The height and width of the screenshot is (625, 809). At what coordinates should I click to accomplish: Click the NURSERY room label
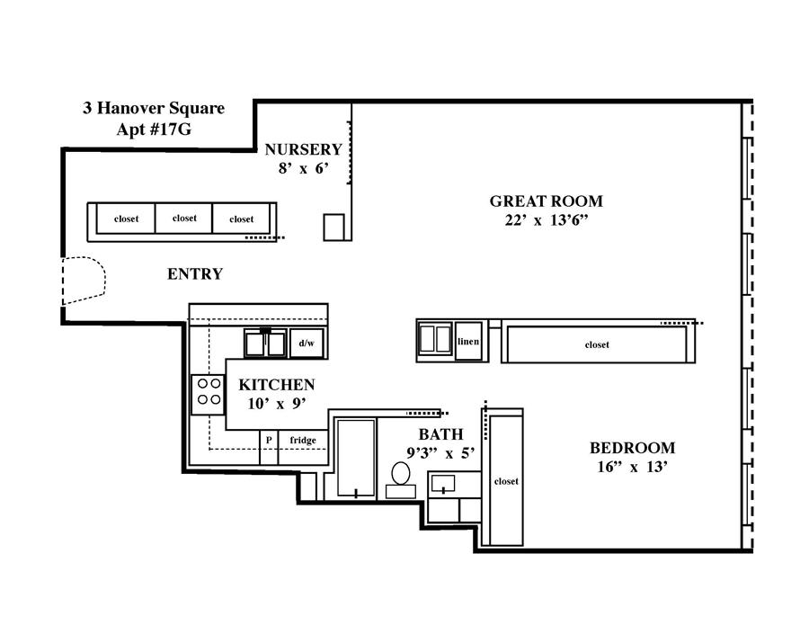pyautogui.click(x=304, y=149)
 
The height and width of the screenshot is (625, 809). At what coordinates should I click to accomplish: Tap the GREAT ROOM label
pyautogui.click(x=546, y=201)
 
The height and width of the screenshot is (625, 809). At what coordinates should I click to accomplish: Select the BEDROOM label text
pyautogui.click(x=632, y=448)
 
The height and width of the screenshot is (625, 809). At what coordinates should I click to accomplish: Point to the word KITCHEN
pyautogui.click(x=277, y=385)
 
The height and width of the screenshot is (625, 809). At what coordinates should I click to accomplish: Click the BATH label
pyautogui.click(x=440, y=434)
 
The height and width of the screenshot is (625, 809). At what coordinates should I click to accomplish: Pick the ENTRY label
pyautogui.click(x=195, y=273)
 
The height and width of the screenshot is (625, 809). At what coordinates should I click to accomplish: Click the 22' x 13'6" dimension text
pyautogui.click(x=547, y=220)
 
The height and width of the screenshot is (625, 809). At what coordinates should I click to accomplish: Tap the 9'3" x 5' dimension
pyautogui.click(x=440, y=453)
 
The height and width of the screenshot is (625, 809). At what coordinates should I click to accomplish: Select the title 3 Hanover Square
pyautogui.click(x=154, y=109)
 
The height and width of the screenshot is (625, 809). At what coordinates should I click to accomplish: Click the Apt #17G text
pyautogui.click(x=154, y=129)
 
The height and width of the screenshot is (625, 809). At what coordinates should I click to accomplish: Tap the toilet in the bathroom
pyautogui.click(x=401, y=480)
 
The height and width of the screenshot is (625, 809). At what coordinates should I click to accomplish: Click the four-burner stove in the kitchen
pyautogui.click(x=209, y=394)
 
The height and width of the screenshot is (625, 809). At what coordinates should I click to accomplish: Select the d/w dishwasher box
pyautogui.click(x=307, y=344)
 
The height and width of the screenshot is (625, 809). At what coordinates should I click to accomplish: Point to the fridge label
pyautogui.click(x=303, y=440)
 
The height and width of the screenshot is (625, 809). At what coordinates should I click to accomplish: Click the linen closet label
pyautogui.click(x=468, y=341)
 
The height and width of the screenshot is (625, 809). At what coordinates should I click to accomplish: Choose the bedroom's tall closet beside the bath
pyautogui.click(x=506, y=480)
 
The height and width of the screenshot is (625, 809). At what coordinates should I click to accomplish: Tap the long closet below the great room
pyautogui.click(x=598, y=344)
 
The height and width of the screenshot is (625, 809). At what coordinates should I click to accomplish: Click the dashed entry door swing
pyautogui.click(x=84, y=281)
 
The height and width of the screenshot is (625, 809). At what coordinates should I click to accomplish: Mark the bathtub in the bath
pyautogui.click(x=356, y=458)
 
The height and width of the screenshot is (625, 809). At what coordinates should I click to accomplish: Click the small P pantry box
pyautogui.click(x=269, y=447)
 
